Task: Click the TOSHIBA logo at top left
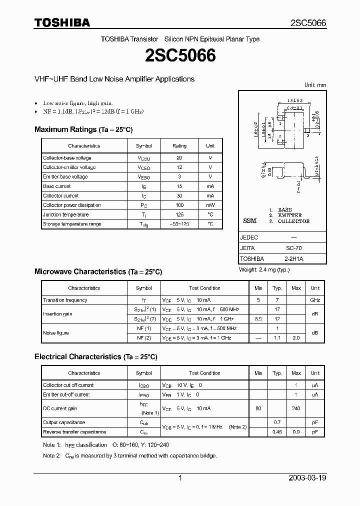point(62,22)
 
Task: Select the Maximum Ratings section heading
point(83,129)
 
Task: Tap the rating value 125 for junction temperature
point(179,214)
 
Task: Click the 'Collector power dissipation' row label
point(72,205)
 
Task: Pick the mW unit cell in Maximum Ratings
point(210,205)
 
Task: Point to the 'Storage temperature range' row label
point(72,224)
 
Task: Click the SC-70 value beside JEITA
point(293,248)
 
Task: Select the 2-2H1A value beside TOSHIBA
point(293,259)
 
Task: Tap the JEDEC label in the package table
point(249,237)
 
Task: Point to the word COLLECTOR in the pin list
point(293,221)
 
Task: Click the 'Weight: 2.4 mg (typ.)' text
point(264,270)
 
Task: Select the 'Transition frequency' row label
point(65,300)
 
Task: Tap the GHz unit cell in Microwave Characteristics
point(315,300)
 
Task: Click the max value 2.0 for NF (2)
point(296,338)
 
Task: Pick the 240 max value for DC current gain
point(296,408)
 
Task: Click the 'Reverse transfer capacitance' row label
point(74,431)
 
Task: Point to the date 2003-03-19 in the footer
point(307,478)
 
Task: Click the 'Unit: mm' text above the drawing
point(315,85)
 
